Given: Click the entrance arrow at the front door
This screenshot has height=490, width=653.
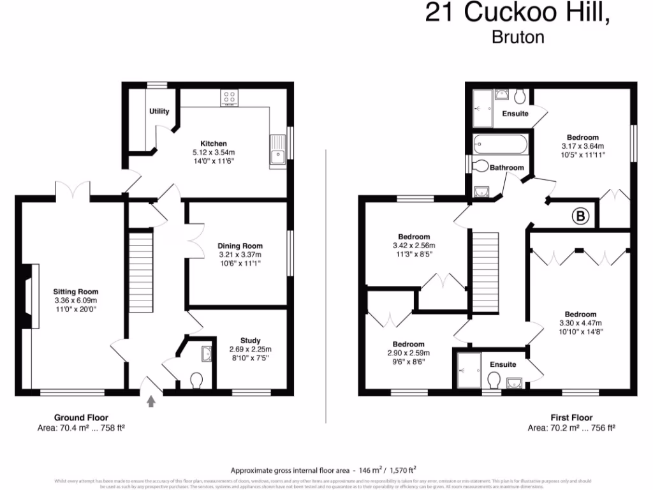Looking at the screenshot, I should [151, 401].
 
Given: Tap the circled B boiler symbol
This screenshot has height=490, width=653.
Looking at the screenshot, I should [580, 217].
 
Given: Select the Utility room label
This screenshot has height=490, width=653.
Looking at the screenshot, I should [159, 112].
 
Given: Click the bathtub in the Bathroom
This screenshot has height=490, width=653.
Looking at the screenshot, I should [500, 145].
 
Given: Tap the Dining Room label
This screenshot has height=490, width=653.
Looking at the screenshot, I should [240, 246].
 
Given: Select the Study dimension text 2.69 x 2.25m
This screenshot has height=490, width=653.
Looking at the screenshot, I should [250, 349].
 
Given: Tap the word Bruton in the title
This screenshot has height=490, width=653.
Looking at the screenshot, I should [518, 37].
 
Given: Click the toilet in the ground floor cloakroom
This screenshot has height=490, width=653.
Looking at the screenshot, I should [196, 381].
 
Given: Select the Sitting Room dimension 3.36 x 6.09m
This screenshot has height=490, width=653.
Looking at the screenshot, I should [75, 301].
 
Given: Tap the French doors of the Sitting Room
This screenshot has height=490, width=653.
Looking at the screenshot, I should [73, 189].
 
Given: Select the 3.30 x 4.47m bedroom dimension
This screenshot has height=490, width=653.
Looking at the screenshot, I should [580, 323].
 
